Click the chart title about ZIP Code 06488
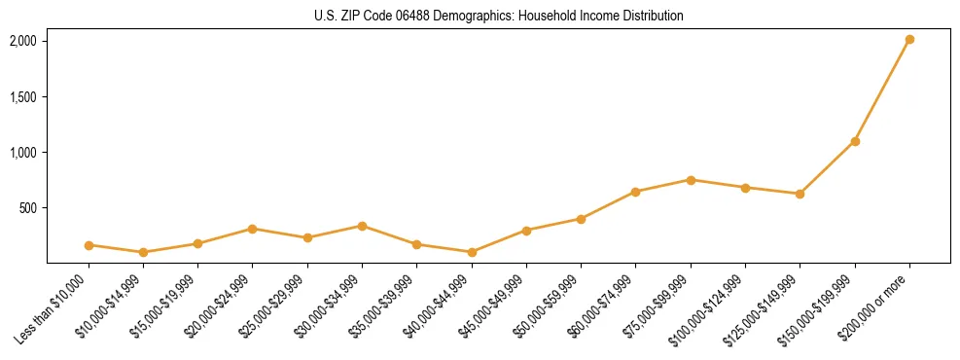(x=498, y=17)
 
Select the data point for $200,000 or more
(x=909, y=40)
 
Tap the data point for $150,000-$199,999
(x=855, y=141)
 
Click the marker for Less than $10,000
(x=89, y=245)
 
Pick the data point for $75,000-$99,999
(x=691, y=180)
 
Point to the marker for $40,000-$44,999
(x=472, y=252)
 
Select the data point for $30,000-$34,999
(x=362, y=226)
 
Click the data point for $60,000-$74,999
(x=635, y=192)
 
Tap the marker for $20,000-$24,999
(x=253, y=229)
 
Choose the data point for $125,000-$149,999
(x=800, y=194)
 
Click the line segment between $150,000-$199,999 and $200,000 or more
(x=882, y=90)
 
